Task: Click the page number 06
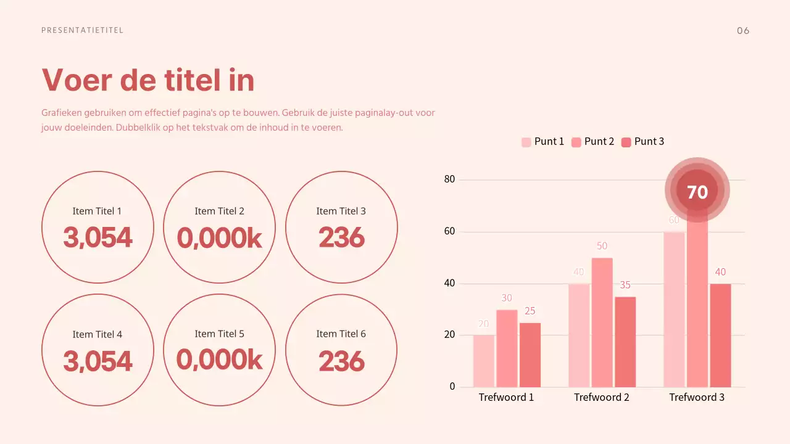(x=743, y=31)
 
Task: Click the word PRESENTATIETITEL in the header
(x=82, y=30)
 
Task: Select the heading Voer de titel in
(x=148, y=80)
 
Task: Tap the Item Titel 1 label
(x=97, y=211)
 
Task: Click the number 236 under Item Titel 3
(x=342, y=237)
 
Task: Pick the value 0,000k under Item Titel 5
(x=219, y=360)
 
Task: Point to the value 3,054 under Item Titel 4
(x=98, y=361)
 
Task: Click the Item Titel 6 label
(x=341, y=334)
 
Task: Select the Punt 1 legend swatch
(x=526, y=142)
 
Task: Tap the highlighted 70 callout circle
(x=697, y=192)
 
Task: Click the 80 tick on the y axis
(x=449, y=179)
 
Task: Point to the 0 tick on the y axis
(x=452, y=387)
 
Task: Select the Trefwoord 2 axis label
(x=601, y=397)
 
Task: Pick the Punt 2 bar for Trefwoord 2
(x=602, y=322)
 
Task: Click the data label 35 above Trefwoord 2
(x=625, y=285)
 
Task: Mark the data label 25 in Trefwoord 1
(x=530, y=311)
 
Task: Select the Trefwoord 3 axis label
(x=697, y=397)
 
